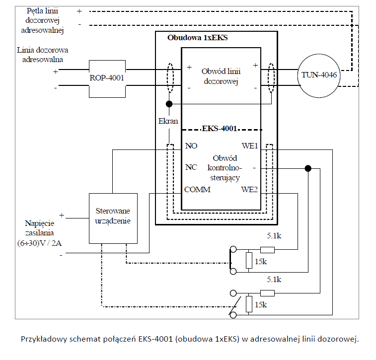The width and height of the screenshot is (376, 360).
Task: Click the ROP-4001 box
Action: (x=107, y=77)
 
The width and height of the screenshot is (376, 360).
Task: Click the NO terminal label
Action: (x=191, y=146)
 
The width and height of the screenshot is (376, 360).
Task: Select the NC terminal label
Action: (x=191, y=167)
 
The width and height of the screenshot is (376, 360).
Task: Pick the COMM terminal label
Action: (x=197, y=190)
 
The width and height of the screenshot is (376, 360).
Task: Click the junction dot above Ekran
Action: (x=169, y=104)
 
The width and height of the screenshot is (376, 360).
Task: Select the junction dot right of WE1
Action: (x=308, y=168)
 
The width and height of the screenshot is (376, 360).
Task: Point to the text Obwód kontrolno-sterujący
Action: (x=223, y=167)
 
